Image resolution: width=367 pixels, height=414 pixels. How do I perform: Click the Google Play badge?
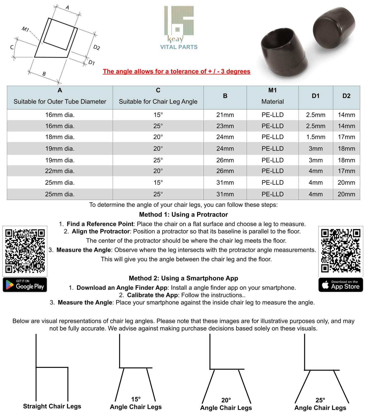point(25,285)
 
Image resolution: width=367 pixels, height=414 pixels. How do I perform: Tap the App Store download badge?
point(341,285)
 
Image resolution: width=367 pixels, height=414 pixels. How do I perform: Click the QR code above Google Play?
point(25,251)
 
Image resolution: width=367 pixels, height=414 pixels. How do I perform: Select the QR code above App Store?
point(341,251)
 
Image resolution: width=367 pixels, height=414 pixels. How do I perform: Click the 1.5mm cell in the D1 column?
point(315,137)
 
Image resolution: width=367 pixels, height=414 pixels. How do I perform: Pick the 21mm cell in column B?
point(225,115)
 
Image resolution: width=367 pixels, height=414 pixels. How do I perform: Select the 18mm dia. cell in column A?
point(60,137)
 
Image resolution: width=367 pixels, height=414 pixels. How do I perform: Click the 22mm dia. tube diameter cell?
point(60,171)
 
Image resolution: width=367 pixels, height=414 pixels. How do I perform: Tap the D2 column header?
point(346,96)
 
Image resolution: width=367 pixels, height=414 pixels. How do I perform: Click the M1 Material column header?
point(273,96)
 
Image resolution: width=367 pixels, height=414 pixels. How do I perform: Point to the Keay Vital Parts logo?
point(179,28)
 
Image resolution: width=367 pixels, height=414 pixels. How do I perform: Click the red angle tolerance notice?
point(177,72)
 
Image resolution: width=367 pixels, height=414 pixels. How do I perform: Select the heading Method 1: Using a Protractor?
point(183,215)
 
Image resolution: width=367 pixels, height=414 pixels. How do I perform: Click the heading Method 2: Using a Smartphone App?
point(183,278)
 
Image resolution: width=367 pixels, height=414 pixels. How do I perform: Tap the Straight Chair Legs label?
point(52,406)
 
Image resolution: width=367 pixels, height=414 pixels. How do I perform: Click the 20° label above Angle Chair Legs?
point(226,400)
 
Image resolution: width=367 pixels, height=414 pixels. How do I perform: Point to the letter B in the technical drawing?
point(44,74)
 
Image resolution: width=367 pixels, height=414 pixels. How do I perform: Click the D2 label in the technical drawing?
point(97,47)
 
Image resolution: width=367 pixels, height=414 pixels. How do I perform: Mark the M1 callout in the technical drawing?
point(25,29)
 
